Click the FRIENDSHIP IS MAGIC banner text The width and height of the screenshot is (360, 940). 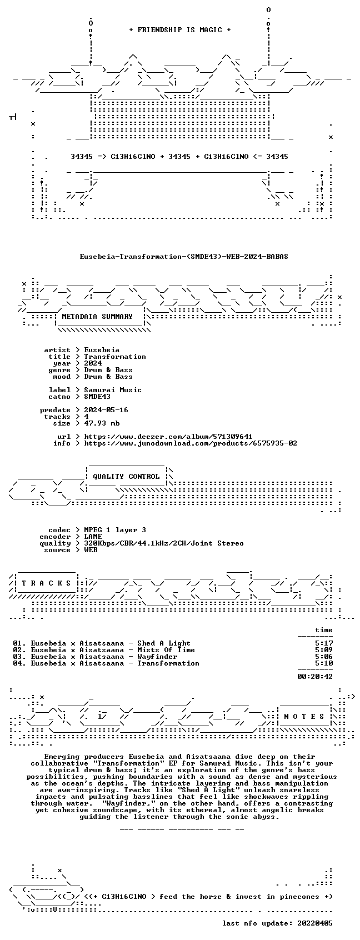click(x=179, y=30)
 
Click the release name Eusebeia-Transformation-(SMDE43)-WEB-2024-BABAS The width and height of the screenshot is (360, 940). click(x=184, y=257)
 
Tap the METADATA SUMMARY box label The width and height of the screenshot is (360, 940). click(x=97, y=317)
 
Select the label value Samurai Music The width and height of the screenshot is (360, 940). click(x=112, y=390)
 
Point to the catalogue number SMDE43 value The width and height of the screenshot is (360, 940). click(x=97, y=397)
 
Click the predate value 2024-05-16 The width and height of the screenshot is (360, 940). click(x=106, y=410)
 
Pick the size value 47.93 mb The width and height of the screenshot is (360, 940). click(x=102, y=423)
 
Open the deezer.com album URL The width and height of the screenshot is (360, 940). click(x=168, y=437)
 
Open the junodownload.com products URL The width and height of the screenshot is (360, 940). click(x=191, y=443)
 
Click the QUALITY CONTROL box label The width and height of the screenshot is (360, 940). click(x=126, y=476)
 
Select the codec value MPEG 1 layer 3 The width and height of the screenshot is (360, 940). click(x=115, y=530)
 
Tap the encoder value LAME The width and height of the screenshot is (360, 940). click(x=93, y=537)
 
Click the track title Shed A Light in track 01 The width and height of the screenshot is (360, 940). click(x=164, y=643)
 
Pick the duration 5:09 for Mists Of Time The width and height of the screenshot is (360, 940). click(x=323, y=650)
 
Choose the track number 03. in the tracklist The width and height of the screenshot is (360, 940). click(x=19, y=657)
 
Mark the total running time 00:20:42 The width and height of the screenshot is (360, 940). click(x=314, y=677)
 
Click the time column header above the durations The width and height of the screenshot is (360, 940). click(x=323, y=630)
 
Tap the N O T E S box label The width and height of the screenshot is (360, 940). click(x=304, y=716)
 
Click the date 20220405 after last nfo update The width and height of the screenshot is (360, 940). click(x=314, y=923)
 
